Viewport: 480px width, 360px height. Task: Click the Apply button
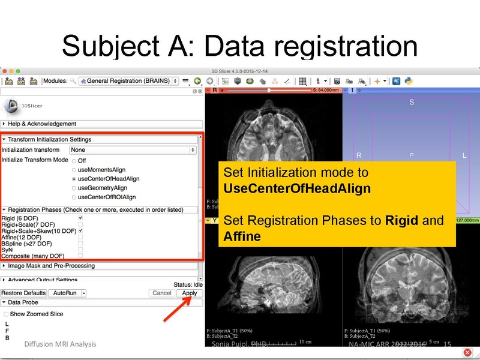pos(190,293)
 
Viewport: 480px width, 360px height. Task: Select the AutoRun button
pos(64,293)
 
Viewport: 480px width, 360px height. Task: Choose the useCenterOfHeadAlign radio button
pos(74,179)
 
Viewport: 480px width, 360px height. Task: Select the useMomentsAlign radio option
pos(74,170)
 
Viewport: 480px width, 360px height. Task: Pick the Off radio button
pos(74,161)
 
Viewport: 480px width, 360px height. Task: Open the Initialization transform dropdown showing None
pos(133,150)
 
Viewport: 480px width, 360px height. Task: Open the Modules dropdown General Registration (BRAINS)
pos(129,81)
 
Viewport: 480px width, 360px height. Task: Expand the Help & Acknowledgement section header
pos(42,124)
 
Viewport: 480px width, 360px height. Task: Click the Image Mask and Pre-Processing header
pos(51,266)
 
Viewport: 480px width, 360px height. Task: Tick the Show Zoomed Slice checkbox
pos(6,314)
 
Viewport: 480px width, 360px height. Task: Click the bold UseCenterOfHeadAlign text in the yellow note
pos(296,188)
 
